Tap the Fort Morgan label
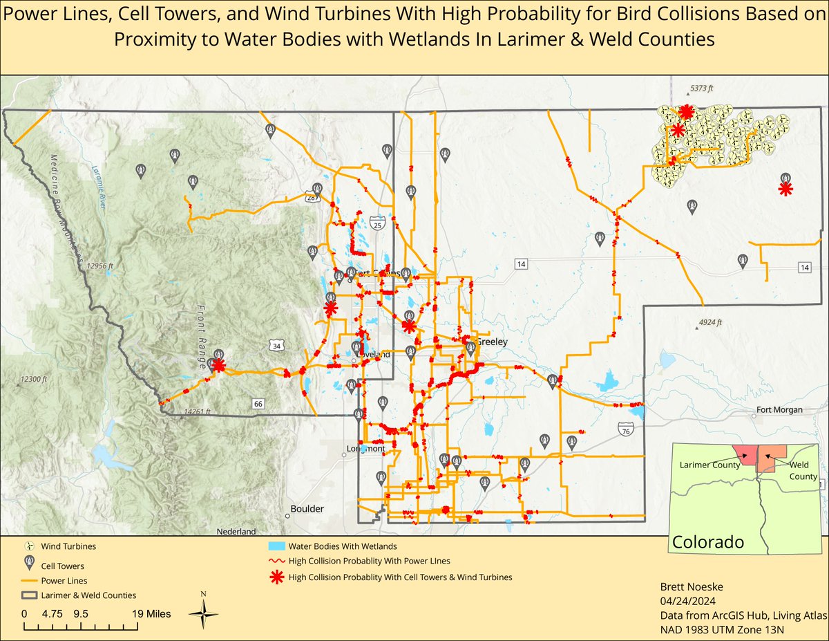pyautogui.click(x=779, y=410)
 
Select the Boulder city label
pyautogui.click(x=307, y=508)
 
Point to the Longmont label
pyautogui.click(x=365, y=449)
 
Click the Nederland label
pyautogui.click(x=236, y=532)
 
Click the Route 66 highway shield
pyautogui.click(x=258, y=403)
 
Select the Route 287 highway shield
pyautogui.click(x=312, y=198)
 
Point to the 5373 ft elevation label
pyautogui.click(x=705, y=89)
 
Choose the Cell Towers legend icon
pyautogui.click(x=29, y=564)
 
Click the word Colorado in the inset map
pyautogui.click(x=708, y=541)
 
